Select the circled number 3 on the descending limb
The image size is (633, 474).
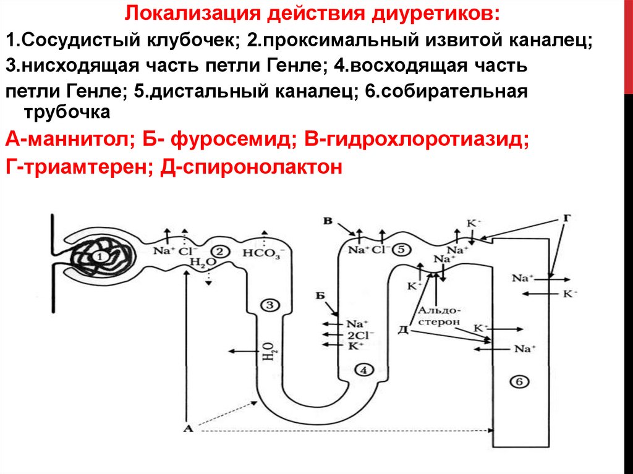pos(270,304)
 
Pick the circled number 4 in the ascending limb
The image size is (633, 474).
pos(363,370)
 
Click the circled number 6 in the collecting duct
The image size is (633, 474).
pos(518,382)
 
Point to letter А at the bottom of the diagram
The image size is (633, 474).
pos(188,427)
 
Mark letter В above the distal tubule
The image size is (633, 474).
pos(328,221)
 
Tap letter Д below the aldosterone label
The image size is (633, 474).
pos(402,328)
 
